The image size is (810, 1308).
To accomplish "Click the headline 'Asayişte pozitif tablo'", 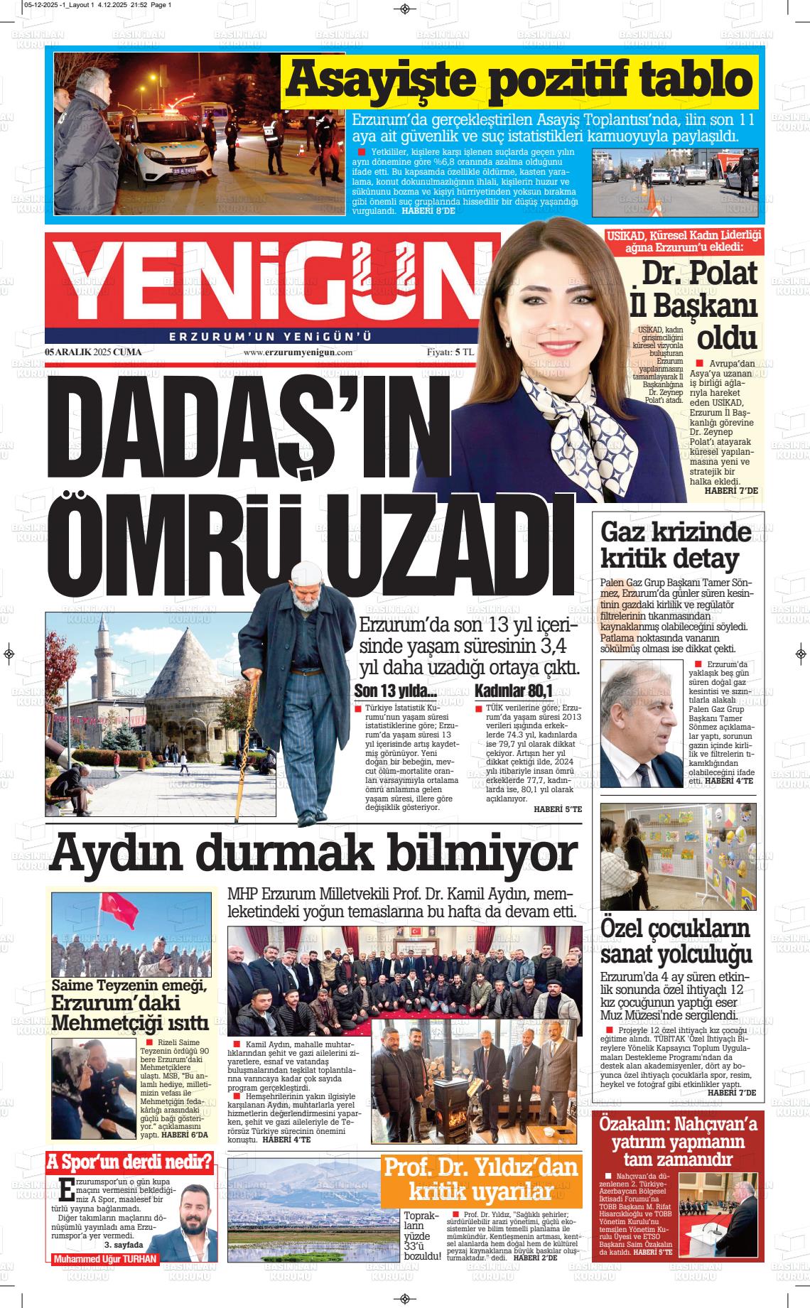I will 519,81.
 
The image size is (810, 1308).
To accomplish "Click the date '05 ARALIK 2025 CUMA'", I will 93,352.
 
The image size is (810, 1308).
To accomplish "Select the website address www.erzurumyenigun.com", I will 298,352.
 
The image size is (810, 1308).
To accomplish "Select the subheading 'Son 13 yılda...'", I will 395,691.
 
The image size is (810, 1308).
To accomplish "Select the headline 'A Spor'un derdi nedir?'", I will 130,1162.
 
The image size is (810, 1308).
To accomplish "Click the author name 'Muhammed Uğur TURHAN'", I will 105,1260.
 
